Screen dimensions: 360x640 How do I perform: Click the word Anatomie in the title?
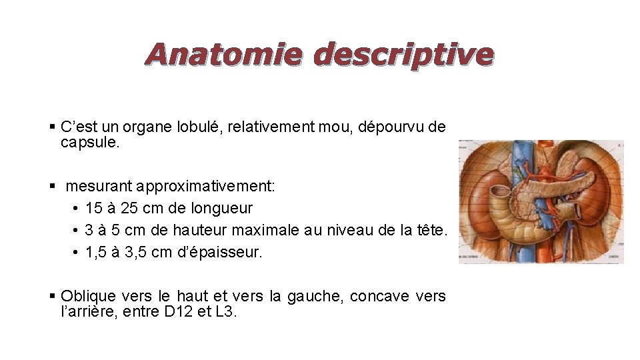click(x=224, y=54)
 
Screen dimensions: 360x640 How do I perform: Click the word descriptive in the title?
click(x=403, y=55)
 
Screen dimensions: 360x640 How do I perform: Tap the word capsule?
click(x=89, y=143)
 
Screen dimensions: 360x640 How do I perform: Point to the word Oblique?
click(x=88, y=295)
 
